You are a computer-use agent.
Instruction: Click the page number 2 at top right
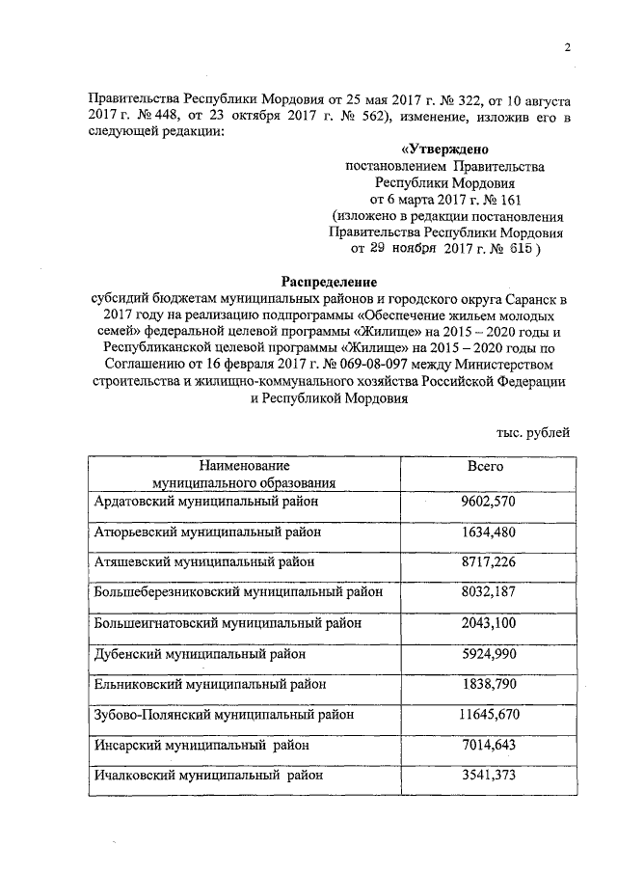point(569,47)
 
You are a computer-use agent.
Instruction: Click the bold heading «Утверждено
point(444,150)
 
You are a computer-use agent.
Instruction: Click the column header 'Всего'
point(486,466)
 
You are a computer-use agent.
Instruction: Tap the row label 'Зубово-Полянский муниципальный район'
point(225,715)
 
